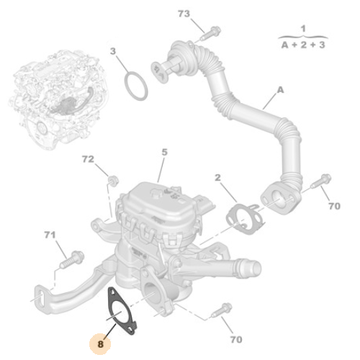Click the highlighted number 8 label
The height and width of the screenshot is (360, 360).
point(100,344)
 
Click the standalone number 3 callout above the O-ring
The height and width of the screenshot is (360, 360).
point(113,51)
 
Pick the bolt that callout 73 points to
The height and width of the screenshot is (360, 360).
point(210,34)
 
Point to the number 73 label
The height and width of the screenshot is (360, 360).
point(184,14)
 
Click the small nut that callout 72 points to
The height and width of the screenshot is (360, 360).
point(113,180)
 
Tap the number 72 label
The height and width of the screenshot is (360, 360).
point(88,159)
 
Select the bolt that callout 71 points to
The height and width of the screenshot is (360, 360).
point(71,259)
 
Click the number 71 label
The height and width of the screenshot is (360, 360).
point(50,235)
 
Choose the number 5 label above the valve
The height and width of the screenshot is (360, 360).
point(164,152)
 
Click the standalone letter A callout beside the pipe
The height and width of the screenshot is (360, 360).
point(280,90)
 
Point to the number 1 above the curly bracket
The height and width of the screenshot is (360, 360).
point(303,29)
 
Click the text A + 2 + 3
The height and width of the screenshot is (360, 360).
point(303,45)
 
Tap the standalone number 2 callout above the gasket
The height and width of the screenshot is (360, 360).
point(217,178)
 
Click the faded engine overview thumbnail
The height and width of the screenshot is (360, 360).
point(58,99)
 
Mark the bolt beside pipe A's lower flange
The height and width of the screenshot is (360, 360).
point(320,181)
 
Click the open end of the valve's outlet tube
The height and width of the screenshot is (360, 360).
point(256,267)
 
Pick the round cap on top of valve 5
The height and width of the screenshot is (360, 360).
point(156,193)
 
